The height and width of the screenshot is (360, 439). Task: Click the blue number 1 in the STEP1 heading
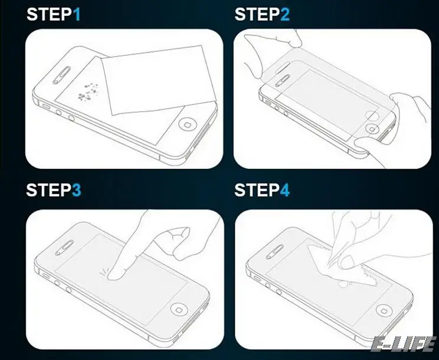coord(77,14)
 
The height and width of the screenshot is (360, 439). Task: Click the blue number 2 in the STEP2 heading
coord(285,14)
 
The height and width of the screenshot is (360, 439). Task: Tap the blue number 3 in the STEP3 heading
coord(77,190)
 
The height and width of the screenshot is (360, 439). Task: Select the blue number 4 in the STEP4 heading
coord(285,190)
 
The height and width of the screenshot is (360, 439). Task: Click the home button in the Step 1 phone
coord(187,123)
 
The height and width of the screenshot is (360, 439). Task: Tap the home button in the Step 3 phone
coord(179,310)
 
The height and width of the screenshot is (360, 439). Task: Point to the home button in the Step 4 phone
coord(384,310)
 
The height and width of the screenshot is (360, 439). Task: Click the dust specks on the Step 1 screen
coord(88,92)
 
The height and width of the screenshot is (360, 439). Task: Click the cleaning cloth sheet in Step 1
coord(159,80)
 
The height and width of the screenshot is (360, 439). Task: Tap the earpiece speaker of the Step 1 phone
coord(61,75)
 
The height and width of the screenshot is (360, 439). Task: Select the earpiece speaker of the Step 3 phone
coord(64,248)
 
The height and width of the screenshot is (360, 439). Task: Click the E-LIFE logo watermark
coord(404,344)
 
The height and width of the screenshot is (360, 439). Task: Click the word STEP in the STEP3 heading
coord(48,190)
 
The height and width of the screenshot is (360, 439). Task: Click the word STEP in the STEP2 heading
coord(257,14)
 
